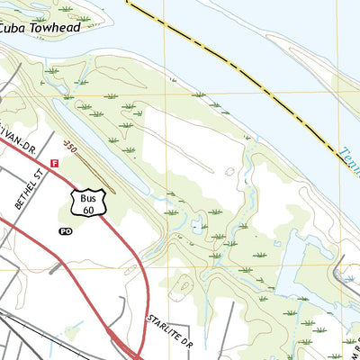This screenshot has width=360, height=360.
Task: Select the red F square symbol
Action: coord(54,164)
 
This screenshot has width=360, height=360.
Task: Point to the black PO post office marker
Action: coord(65,231)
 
